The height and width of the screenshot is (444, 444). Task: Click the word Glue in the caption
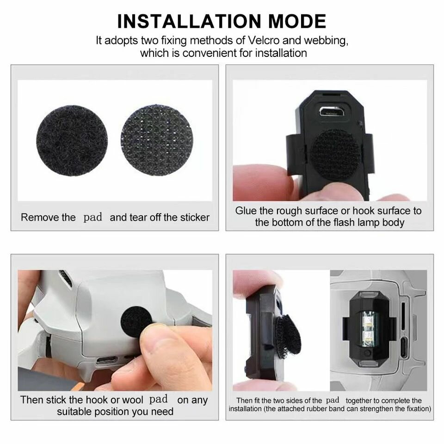[246, 211]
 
